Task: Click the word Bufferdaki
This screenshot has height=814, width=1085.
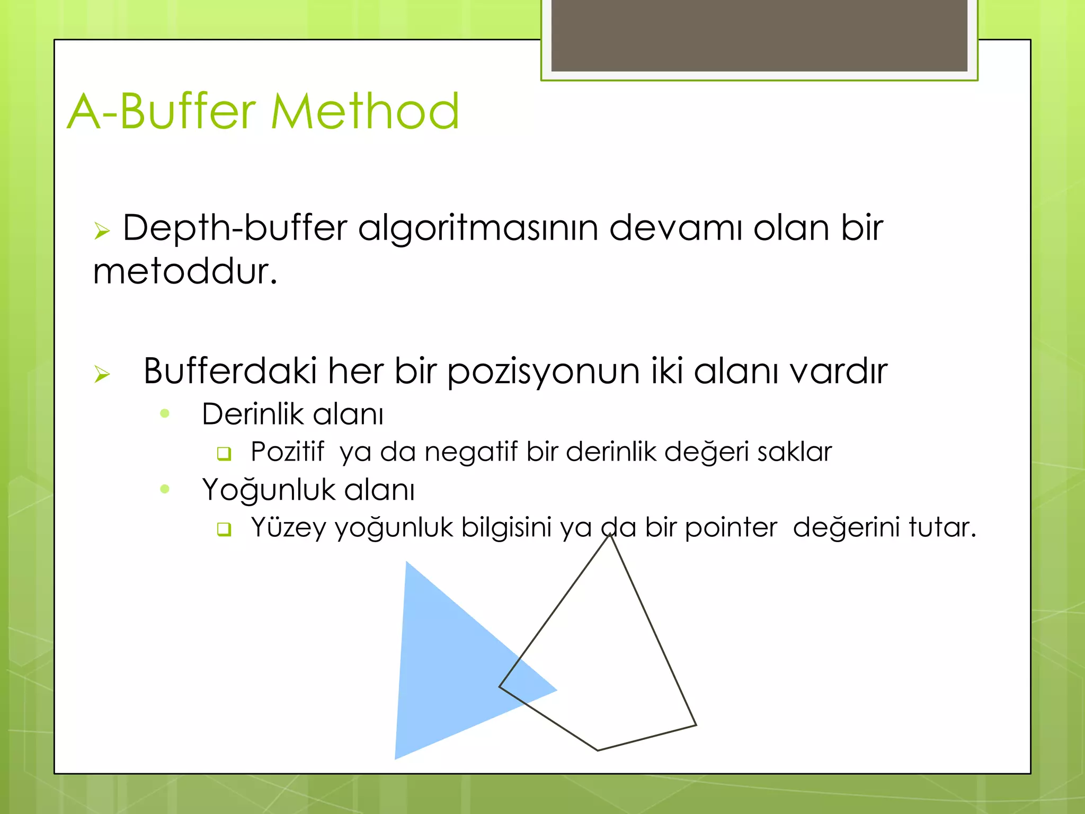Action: [230, 370]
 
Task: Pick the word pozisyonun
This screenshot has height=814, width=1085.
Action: [543, 371]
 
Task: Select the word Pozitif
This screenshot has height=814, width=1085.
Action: [287, 452]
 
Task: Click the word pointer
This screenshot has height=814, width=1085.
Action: [731, 528]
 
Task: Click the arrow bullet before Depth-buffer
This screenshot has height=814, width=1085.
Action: [102, 231]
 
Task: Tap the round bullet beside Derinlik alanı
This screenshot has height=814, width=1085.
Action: [165, 413]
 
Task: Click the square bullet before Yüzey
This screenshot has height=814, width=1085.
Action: [224, 529]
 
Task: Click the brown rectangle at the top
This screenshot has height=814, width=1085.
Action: [759, 35]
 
